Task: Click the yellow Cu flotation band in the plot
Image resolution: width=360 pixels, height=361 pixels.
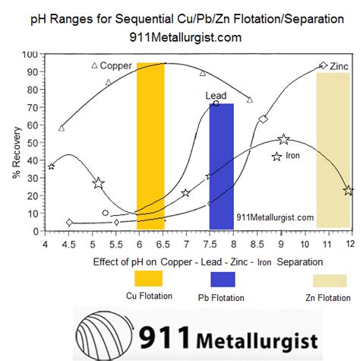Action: (150, 144)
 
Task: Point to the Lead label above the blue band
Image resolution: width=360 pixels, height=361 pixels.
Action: (216, 96)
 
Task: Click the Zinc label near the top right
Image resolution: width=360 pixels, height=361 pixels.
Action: (339, 67)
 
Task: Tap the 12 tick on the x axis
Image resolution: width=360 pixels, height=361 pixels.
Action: (350, 243)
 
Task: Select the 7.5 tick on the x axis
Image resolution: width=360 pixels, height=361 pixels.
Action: (210, 243)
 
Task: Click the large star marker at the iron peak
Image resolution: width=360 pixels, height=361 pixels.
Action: (283, 139)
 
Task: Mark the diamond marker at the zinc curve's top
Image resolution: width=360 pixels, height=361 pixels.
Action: (324, 65)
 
